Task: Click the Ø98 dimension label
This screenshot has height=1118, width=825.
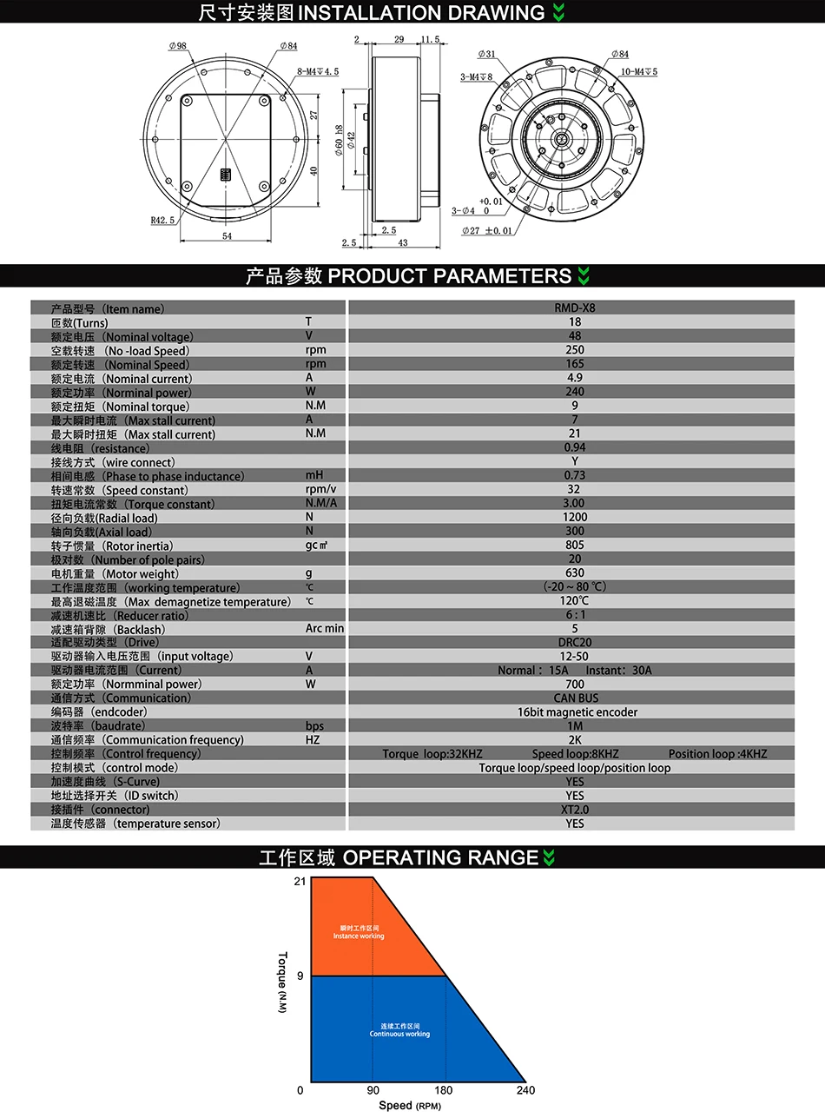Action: click(x=177, y=46)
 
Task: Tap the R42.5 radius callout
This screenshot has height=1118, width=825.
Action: click(x=162, y=221)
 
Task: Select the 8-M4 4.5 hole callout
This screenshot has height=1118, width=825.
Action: click(x=318, y=71)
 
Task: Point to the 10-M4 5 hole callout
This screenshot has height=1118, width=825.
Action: click(x=638, y=71)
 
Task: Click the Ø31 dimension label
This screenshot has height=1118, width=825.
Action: click(x=486, y=54)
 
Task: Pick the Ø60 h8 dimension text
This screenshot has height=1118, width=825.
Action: click(x=340, y=140)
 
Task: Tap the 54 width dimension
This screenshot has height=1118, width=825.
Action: click(x=227, y=236)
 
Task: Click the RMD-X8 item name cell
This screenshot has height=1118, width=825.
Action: click(x=575, y=308)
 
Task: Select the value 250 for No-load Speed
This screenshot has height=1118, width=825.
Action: click(x=575, y=350)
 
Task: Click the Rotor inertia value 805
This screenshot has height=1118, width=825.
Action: click(x=575, y=545)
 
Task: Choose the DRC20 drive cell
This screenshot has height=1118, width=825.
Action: click(x=575, y=642)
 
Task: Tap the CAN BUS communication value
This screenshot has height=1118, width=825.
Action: click(x=576, y=698)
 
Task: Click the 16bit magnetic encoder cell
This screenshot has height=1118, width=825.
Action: click(x=577, y=712)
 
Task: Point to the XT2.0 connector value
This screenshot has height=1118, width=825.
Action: click(x=575, y=810)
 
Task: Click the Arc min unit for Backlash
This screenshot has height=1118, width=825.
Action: click(x=325, y=629)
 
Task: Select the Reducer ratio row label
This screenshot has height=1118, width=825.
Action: click(x=120, y=615)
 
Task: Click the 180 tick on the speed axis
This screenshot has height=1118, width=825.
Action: click(x=443, y=1090)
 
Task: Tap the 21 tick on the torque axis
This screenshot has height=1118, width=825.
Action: click(x=300, y=881)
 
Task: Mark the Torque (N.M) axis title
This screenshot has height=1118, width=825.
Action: click(x=282, y=982)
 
